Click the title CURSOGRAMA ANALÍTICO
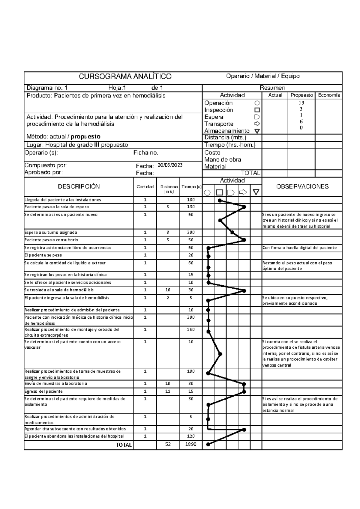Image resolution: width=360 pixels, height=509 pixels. (125, 76)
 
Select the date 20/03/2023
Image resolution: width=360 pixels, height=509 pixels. (170, 165)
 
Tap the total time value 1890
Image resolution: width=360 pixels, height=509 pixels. (190, 444)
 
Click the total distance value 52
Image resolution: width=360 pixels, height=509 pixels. (168, 444)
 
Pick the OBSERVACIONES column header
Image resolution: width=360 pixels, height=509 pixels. (302, 186)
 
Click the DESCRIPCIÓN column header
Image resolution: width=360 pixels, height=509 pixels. (79, 186)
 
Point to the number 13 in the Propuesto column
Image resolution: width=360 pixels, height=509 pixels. (301, 103)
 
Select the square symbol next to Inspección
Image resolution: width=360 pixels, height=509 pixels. (257, 110)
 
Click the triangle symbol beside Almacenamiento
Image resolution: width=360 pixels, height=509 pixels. (257, 131)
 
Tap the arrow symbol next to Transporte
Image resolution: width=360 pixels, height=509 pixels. (257, 124)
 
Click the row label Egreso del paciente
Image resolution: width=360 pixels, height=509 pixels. (43, 391)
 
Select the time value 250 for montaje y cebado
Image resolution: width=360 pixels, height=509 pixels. (190, 329)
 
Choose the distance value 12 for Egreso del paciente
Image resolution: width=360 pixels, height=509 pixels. (168, 391)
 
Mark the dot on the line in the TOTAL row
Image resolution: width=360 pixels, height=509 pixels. (208, 445)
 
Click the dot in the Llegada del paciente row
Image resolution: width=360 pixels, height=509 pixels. (220, 200)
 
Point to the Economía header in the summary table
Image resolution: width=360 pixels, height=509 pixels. (329, 95)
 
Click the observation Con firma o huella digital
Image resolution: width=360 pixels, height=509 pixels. (299, 248)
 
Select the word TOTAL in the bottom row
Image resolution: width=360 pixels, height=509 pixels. (124, 445)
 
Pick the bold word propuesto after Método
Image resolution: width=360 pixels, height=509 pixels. (85, 137)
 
